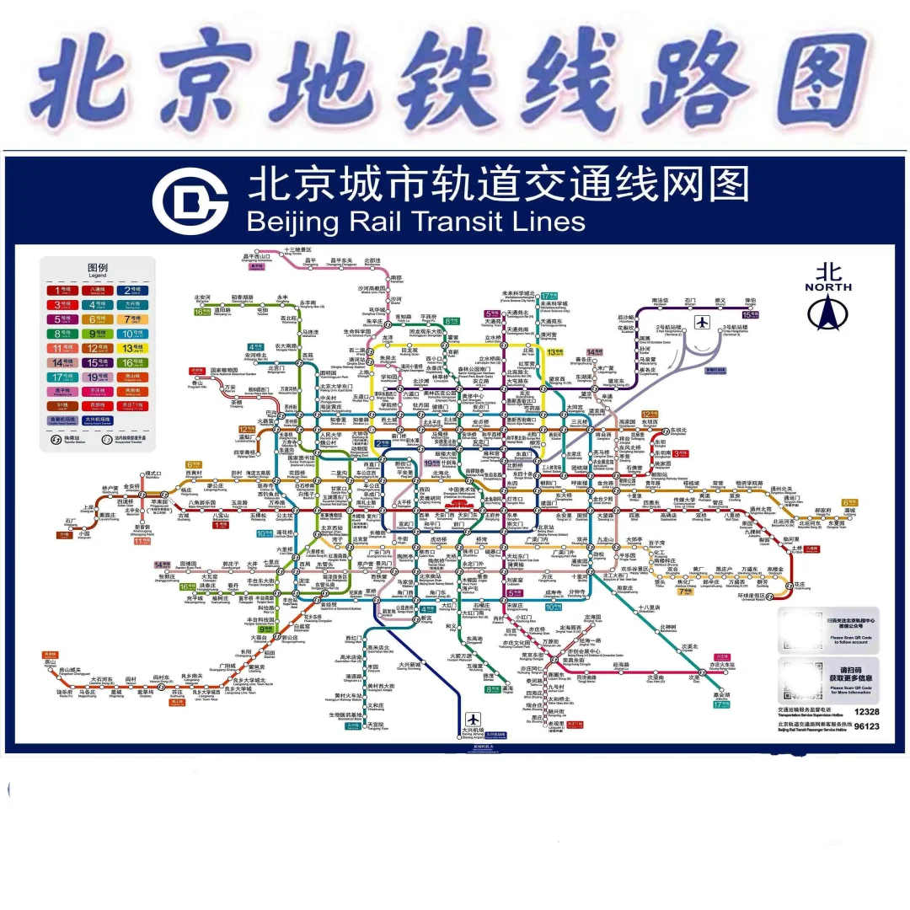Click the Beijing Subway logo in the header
click(x=190, y=201)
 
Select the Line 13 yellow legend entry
click(x=133, y=347)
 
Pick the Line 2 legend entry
click(x=133, y=290)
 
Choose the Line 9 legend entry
click(x=97, y=333)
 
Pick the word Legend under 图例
click(x=98, y=276)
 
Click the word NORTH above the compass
click(x=828, y=287)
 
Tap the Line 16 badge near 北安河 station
click(x=200, y=311)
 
